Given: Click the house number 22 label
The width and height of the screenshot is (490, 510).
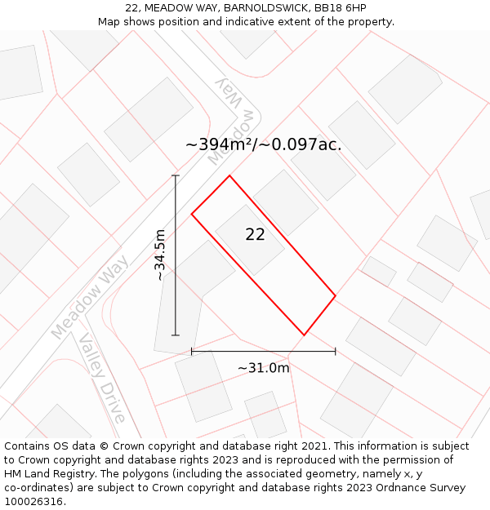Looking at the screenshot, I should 255,235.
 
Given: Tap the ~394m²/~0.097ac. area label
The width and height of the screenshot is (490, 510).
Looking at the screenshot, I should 263,145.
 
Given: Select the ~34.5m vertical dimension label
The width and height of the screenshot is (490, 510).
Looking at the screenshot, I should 160,255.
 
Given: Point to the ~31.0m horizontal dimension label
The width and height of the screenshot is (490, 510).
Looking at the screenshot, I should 263,368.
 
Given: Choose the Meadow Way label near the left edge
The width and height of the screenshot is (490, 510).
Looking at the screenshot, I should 90,296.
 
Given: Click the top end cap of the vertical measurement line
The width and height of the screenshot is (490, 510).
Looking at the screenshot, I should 176,175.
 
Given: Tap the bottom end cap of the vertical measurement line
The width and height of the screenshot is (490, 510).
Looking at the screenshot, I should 176,335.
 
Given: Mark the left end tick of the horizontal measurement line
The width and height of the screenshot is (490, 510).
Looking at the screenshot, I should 192,352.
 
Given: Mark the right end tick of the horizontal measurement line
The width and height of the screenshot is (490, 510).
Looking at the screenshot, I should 336,352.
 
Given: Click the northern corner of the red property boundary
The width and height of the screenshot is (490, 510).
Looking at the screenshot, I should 229,175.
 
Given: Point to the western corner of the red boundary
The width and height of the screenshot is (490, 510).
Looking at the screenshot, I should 192,214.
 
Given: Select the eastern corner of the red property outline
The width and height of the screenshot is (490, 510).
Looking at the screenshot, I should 336,295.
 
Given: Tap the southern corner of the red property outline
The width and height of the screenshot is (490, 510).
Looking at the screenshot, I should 304,335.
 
